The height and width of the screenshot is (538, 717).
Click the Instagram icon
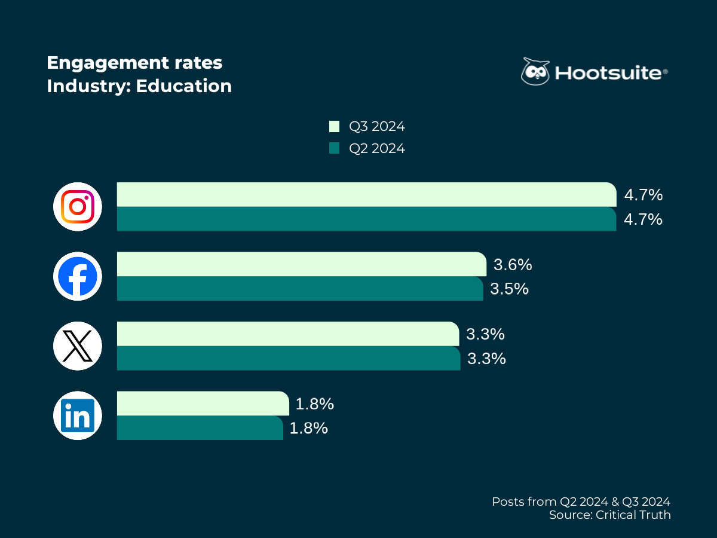click(x=78, y=207)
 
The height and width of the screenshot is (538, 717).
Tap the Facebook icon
click(x=78, y=276)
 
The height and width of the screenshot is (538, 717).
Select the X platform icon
click(x=78, y=346)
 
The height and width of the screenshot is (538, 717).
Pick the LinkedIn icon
click(x=78, y=415)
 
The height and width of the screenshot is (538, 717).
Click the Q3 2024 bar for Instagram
click(x=366, y=194)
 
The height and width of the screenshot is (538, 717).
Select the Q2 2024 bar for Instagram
click(x=366, y=219)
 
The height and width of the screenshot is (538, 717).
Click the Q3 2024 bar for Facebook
click(x=301, y=264)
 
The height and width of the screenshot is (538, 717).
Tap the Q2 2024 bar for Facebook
click(x=299, y=289)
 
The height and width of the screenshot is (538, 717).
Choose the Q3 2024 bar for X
click(x=287, y=334)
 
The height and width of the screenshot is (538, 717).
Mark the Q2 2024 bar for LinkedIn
click(x=200, y=428)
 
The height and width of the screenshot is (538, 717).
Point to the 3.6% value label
click(x=513, y=264)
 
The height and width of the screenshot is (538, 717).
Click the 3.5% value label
click(x=510, y=289)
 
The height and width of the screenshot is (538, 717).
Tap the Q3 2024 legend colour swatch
click(x=334, y=126)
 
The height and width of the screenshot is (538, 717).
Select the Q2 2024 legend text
click(x=377, y=148)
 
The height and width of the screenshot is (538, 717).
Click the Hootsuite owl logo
click(x=535, y=72)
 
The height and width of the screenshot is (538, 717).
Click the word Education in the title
click(x=183, y=86)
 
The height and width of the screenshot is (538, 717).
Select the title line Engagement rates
click(x=134, y=63)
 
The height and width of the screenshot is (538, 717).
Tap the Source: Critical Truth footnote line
click(x=609, y=515)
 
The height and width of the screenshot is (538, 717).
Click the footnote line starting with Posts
click(x=581, y=501)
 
